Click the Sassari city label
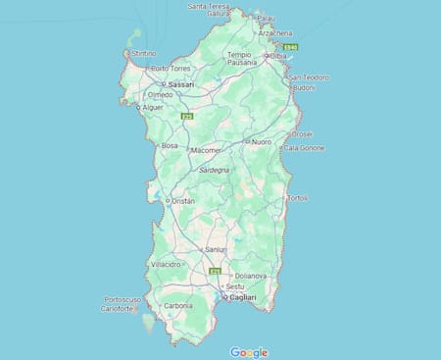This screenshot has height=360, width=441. click(x=181, y=85)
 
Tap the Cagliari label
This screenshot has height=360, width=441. click(x=242, y=297)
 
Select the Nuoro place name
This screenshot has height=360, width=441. click(x=261, y=142)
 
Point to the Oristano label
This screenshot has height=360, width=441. click(x=182, y=201)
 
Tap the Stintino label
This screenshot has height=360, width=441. click(x=144, y=53)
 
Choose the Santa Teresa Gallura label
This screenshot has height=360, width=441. click(x=209, y=10)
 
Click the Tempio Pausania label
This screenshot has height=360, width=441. click(x=239, y=59)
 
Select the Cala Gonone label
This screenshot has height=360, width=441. click(x=303, y=148)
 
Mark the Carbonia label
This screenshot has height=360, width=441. click(x=177, y=306)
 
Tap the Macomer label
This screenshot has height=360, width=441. click(x=206, y=150)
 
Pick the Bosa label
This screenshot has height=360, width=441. click(x=170, y=146)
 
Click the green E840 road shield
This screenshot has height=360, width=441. click(x=289, y=46)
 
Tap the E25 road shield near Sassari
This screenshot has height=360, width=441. click(x=187, y=116)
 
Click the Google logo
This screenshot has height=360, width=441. click(x=249, y=351)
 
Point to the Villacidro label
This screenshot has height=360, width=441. click(x=167, y=265)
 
